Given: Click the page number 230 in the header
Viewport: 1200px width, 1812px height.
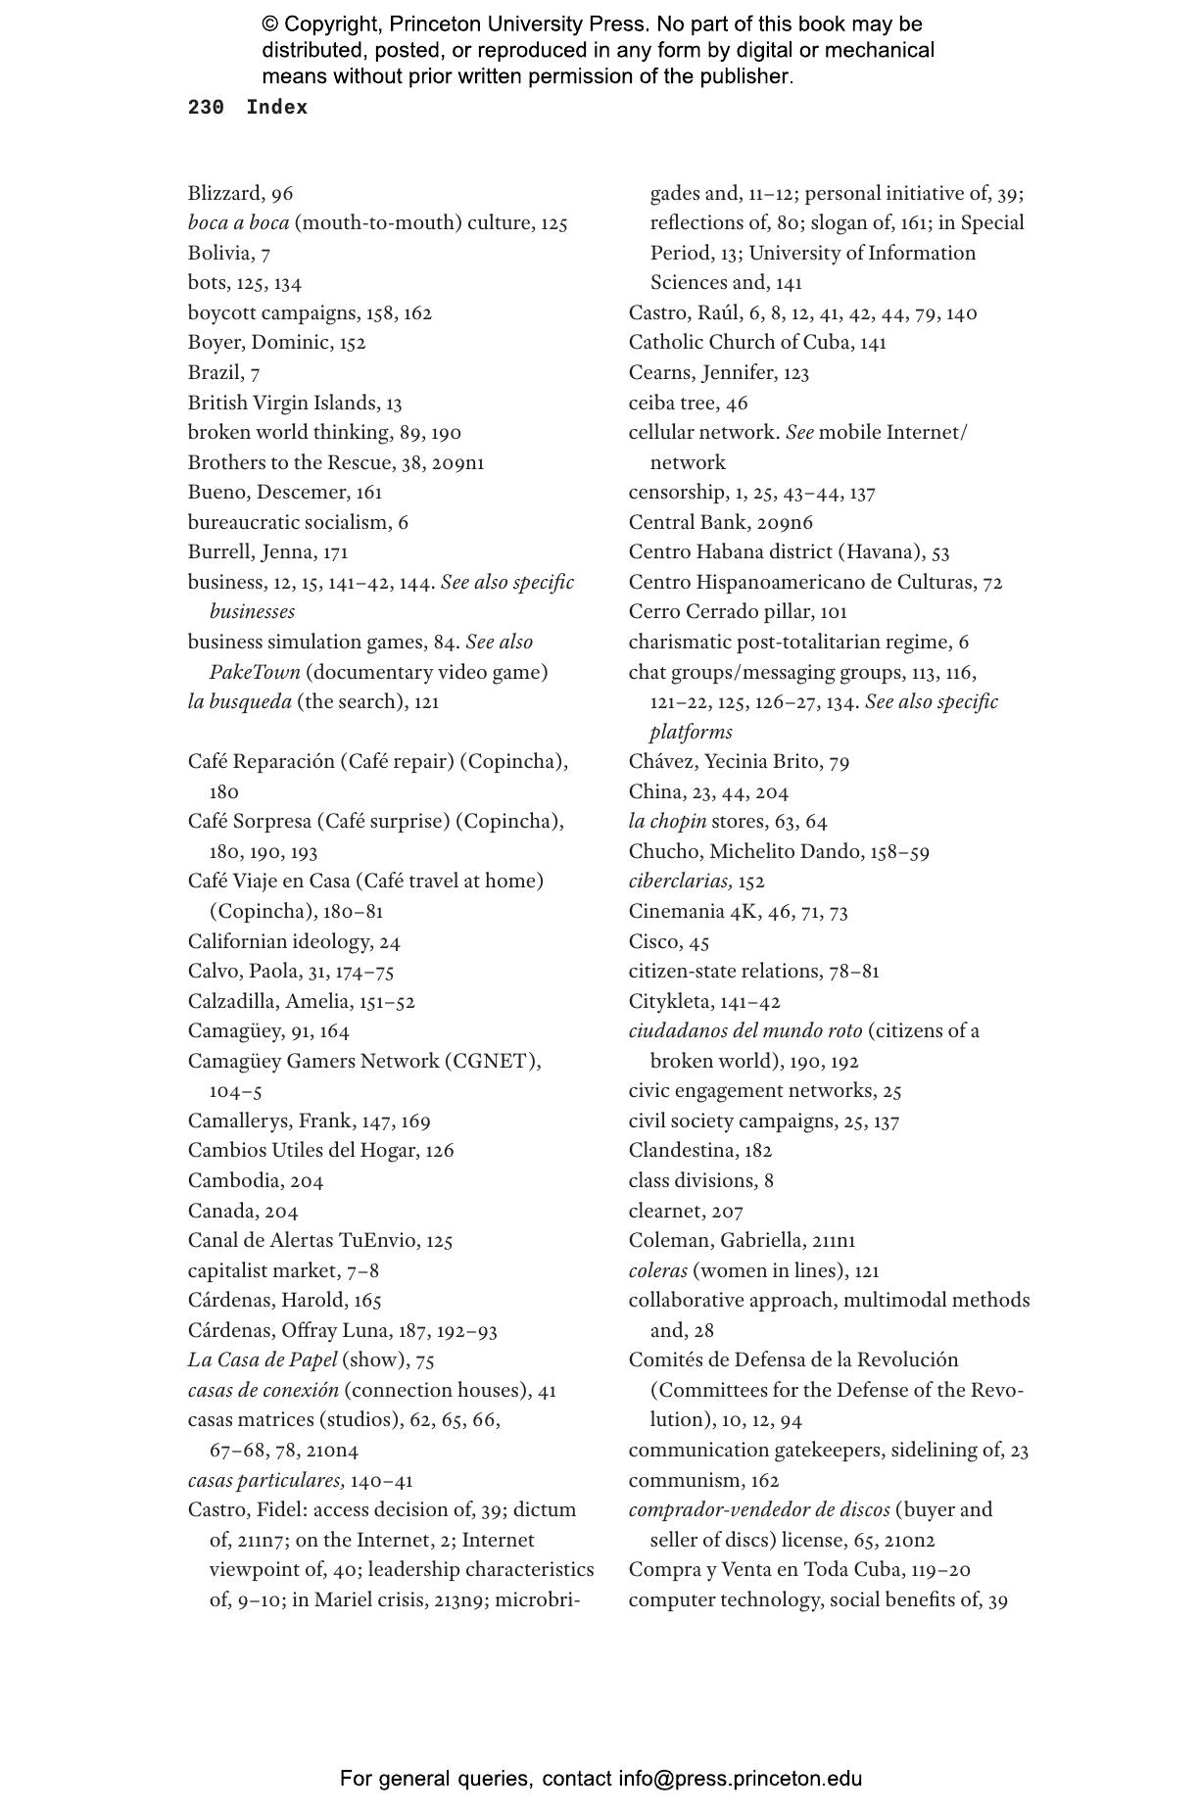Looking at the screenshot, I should coord(206,108).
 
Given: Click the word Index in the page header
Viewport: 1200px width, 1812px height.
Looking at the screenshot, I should coord(276,108).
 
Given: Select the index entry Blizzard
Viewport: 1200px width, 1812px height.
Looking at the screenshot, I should coord(224,194).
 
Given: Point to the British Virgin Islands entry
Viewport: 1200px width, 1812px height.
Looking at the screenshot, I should coord(282,403).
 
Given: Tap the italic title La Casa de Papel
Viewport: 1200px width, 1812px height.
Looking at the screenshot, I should coord(263,1359).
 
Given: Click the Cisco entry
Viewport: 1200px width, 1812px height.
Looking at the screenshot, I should coord(653,941).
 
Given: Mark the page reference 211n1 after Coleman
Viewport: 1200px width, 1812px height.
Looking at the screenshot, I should coord(834,1241).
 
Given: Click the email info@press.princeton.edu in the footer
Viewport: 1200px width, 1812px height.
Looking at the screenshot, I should coord(740,1778).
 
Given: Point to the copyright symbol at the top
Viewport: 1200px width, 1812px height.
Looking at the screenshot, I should coord(269,24).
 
